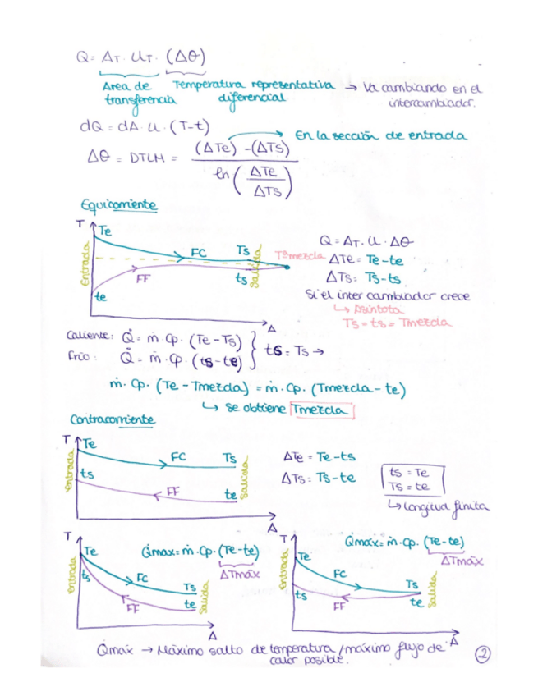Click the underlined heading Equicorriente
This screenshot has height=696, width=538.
(x=119, y=204)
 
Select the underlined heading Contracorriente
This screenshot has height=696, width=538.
(x=112, y=419)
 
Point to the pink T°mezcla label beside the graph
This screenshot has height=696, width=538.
(x=296, y=255)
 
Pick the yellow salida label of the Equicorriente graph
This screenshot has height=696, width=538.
(x=255, y=266)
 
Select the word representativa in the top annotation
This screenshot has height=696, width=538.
(x=289, y=85)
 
